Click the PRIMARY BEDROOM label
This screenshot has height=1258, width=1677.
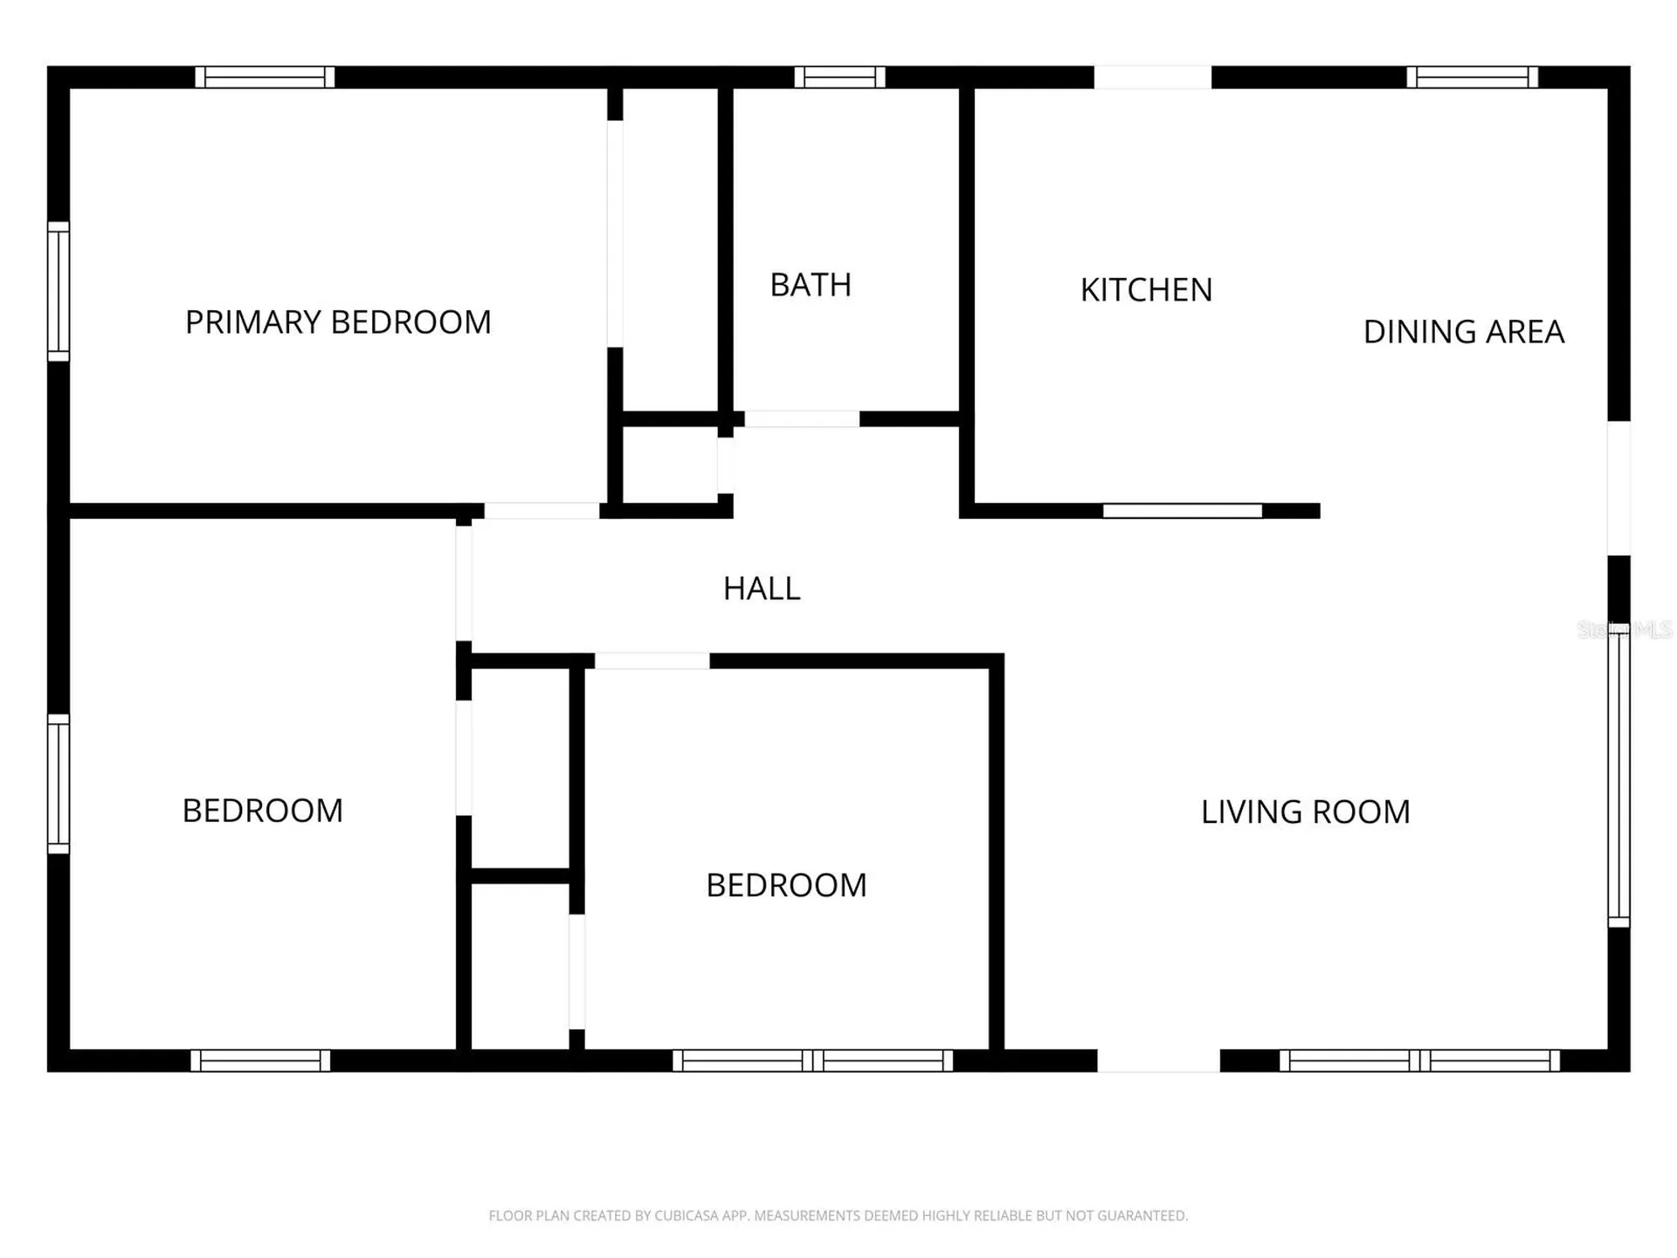pos(338,322)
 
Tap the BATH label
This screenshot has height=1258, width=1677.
pos(811,285)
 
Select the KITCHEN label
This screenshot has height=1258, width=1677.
pos(1146,290)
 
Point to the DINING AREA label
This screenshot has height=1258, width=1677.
pos(1464,332)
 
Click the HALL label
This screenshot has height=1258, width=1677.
pos(762,589)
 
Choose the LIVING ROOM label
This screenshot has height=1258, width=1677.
pos(1306,812)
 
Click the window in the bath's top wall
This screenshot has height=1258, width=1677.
pos(839,77)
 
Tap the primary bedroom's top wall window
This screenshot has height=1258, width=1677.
pos(265,77)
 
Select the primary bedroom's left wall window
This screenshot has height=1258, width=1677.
pos(59,292)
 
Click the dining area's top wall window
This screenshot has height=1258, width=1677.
pos(1473,77)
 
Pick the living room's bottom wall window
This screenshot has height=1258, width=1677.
pos(1420,1061)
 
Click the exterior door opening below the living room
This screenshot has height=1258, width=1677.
pos(1158,1061)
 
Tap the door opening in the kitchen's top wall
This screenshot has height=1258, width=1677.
pos(1153,77)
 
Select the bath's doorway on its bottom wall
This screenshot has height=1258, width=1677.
pos(802,419)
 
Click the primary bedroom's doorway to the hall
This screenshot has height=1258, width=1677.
pos(542,511)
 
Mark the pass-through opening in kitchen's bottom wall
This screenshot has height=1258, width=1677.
pos(1183,511)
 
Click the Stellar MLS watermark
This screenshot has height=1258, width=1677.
pos(1625,629)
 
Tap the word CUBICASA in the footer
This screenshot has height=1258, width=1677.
pos(687,1215)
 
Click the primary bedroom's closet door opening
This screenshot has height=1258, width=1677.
pos(615,234)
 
